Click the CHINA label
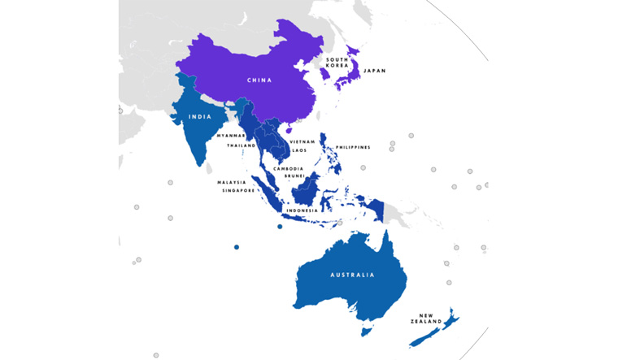click(x=260, y=80)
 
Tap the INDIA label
click(x=200, y=117)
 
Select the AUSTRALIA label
click(x=352, y=275)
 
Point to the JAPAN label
click(x=375, y=71)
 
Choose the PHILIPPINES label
click(x=353, y=147)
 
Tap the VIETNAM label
click(x=302, y=141)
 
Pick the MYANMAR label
click(x=230, y=136)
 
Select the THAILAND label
click(x=241, y=145)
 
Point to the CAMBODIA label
click(x=289, y=168)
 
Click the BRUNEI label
click(x=294, y=176)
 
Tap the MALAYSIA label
click(x=231, y=182)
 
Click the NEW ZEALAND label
click(x=431, y=318)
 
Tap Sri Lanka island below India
click(x=208, y=168)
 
